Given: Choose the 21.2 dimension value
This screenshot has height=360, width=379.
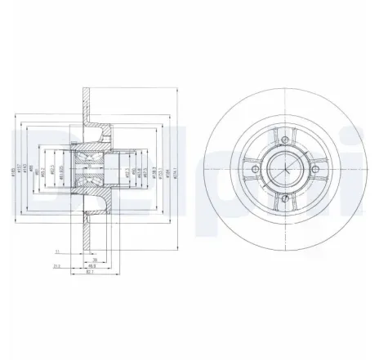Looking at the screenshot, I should point(57,265).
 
